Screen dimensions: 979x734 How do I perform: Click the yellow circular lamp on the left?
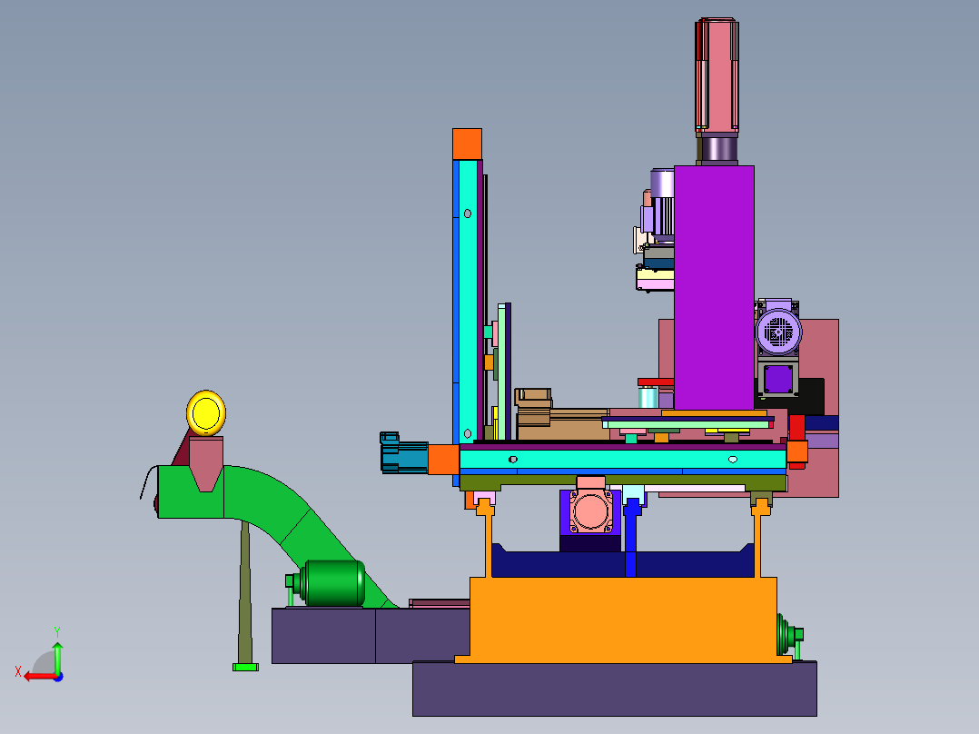(206, 413)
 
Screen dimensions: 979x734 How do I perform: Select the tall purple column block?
(714, 287)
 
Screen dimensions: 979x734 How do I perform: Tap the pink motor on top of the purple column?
(717, 75)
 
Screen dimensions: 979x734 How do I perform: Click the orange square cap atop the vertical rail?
(467, 144)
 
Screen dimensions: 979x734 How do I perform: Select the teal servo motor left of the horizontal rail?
(404, 452)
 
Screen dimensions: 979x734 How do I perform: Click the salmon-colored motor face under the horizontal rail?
(590, 511)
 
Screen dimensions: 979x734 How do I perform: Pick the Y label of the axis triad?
(57, 631)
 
